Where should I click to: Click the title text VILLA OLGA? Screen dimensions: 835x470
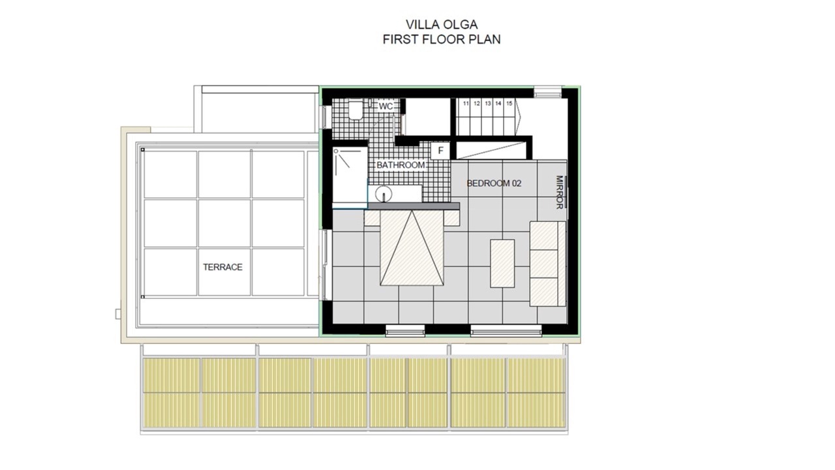(442, 25)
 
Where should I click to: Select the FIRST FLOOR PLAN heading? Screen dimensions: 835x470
(442, 39)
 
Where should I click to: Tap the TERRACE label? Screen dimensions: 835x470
(222, 267)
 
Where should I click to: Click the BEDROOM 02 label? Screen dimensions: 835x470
(494, 183)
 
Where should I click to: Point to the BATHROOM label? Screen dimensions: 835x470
(401, 165)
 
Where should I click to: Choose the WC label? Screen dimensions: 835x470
(386, 106)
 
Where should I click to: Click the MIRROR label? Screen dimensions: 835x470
(559, 192)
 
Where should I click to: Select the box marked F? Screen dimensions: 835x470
(440, 151)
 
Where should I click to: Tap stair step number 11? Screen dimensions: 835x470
(466, 103)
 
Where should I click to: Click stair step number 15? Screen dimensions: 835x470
(509, 103)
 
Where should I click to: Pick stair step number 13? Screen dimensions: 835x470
(487, 103)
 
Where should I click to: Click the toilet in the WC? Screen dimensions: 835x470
(356, 109)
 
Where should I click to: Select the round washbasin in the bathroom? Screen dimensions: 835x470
(384, 194)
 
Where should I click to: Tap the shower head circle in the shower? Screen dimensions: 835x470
(336, 151)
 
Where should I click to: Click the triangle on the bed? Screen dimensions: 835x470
(412, 247)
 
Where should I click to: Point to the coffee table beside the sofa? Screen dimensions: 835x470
(502, 263)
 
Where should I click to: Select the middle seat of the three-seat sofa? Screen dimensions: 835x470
(544, 264)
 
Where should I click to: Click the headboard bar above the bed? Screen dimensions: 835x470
(414, 206)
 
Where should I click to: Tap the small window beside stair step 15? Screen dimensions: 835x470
(547, 92)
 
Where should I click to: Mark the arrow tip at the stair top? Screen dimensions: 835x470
(521, 117)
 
